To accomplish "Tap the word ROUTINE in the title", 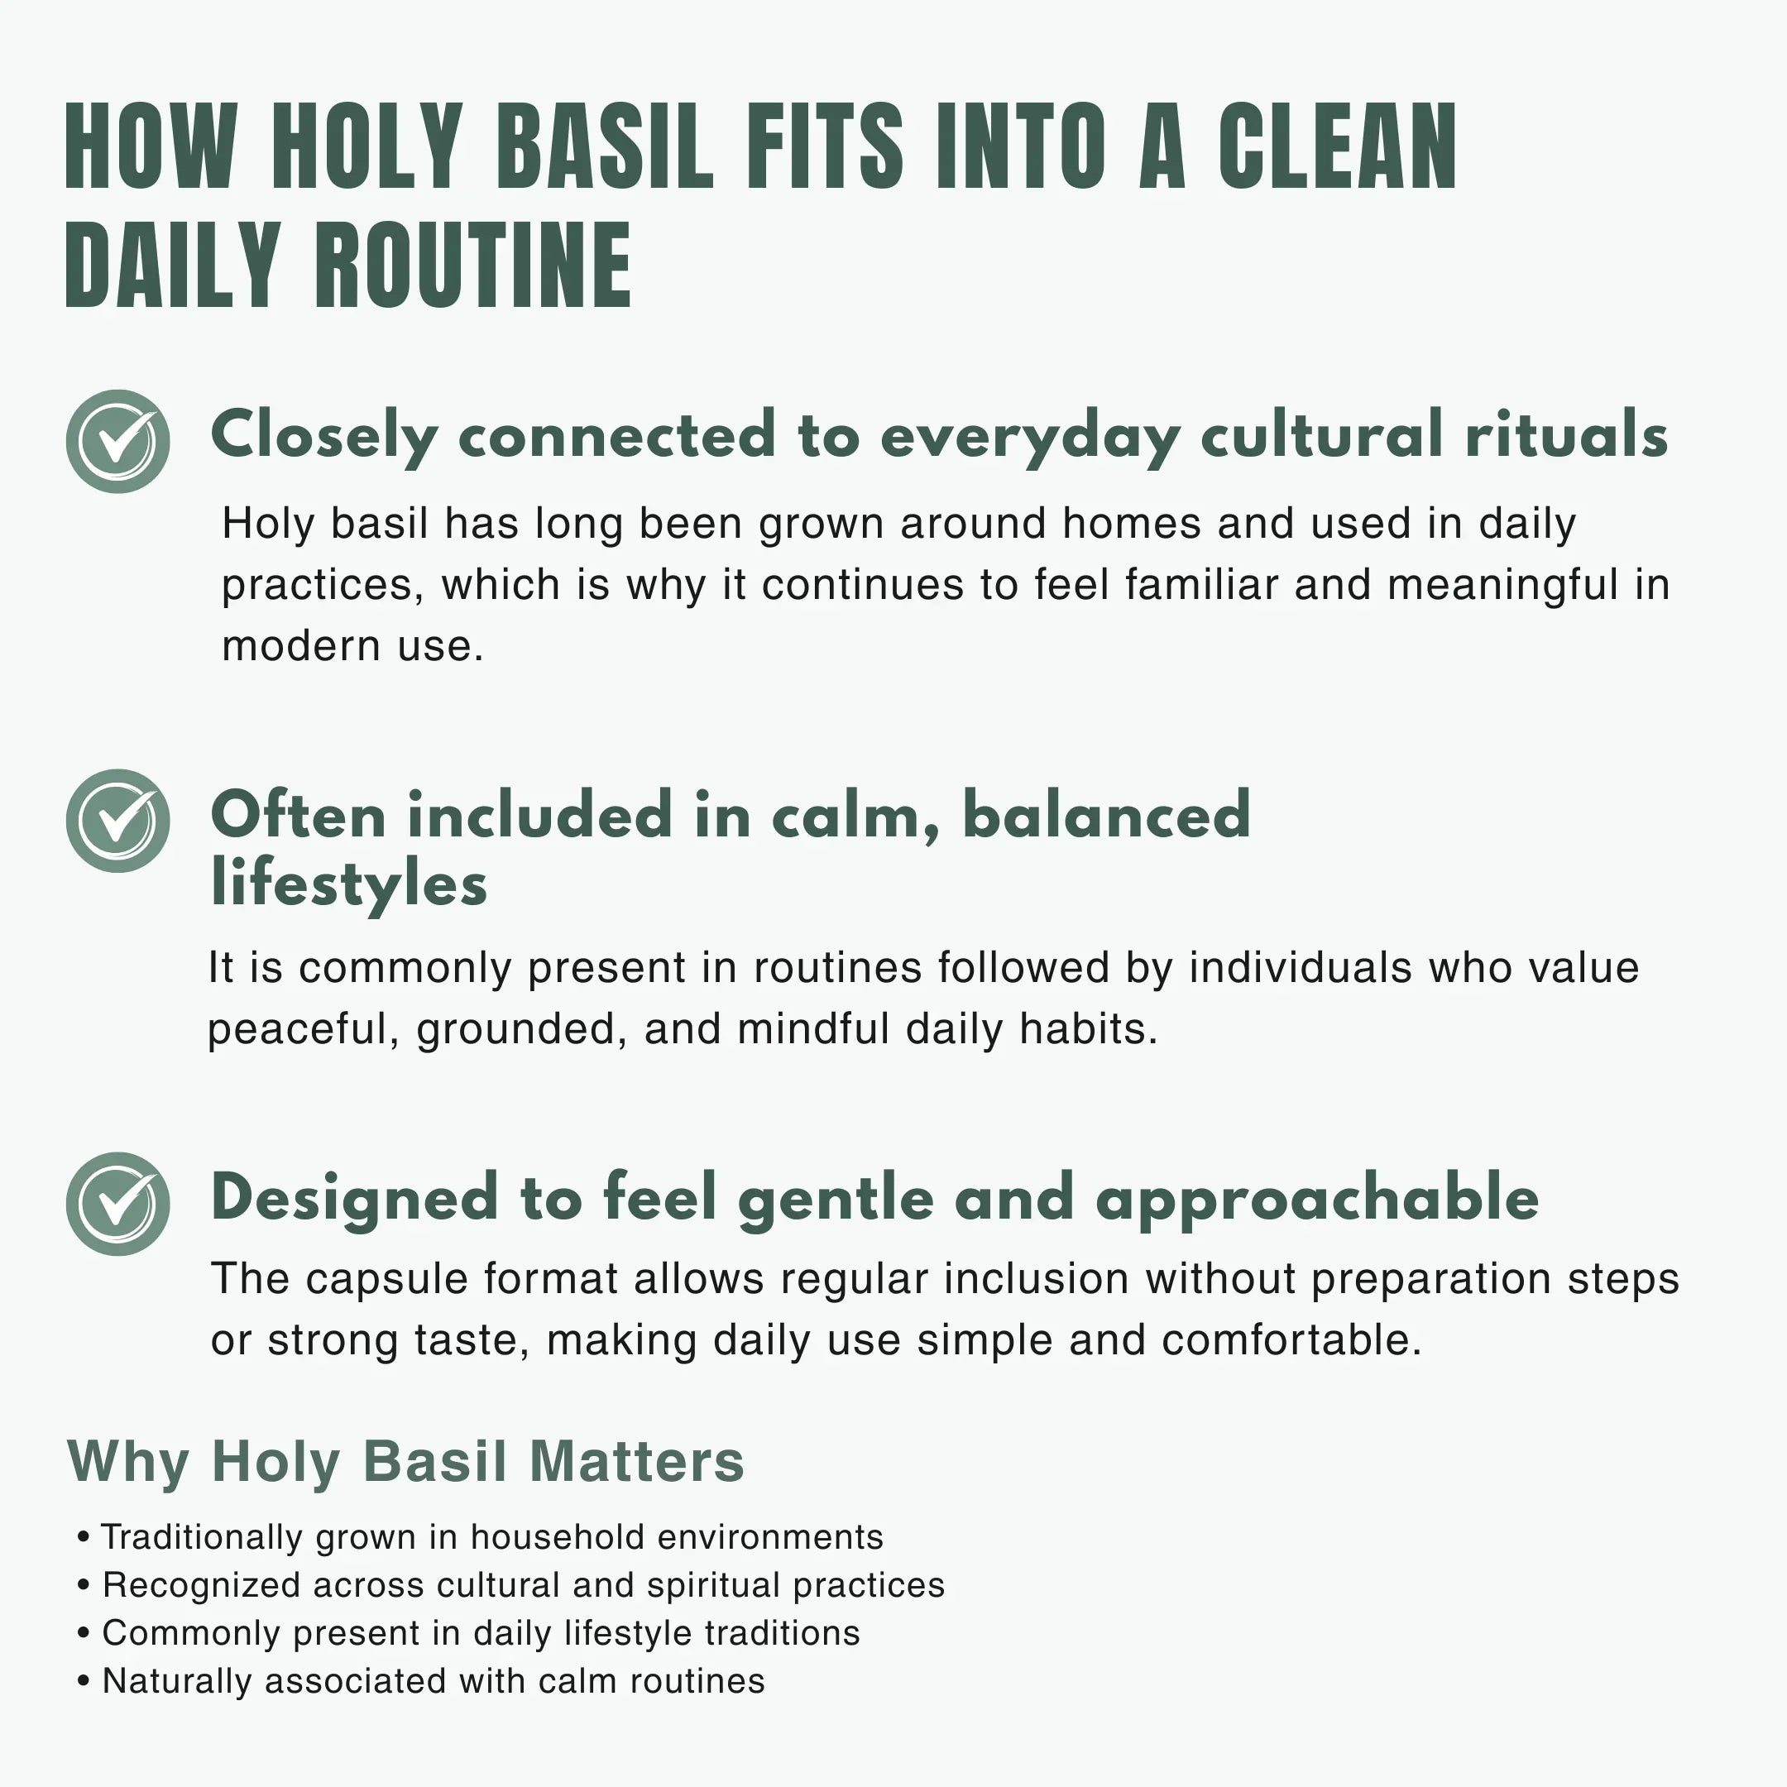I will click(473, 266).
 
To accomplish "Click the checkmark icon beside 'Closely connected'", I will click(117, 441).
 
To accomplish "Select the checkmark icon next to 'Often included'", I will click(117, 821).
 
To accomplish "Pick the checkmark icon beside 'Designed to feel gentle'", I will click(117, 1204).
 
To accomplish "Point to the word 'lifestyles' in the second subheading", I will click(348, 884).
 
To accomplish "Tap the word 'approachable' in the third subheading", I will click(1317, 1199).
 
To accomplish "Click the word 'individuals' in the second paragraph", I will click(1300, 967).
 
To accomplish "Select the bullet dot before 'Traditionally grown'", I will click(84, 1537).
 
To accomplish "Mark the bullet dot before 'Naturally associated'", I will click(84, 1682).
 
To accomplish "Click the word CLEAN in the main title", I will click(1337, 147).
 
